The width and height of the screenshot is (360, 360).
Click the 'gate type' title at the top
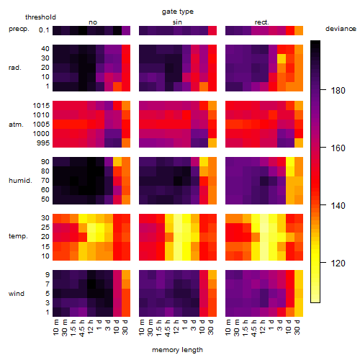pyautogui.click(x=178, y=12)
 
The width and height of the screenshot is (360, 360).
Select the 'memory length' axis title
pyautogui.click(x=177, y=350)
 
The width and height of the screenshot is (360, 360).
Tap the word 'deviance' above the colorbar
pyautogui.click(x=341, y=29)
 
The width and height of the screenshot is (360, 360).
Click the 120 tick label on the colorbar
pyautogui.click(x=338, y=264)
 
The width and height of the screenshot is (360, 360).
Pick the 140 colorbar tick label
pyautogui.click(x=338, y=206)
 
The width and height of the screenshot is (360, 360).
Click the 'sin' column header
pyautogui.click(x=177, y=22)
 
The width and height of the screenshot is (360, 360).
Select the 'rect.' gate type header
pyautogui.click(x=261, y=22)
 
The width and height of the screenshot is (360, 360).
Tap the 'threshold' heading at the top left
pyautogui.click(x=40, y=17)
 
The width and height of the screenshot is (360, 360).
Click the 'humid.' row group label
pyautogui.click(x=20, y=181)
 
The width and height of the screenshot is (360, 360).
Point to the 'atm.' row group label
pyautogui.click(x=16, y=125)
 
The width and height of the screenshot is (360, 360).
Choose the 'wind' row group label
pyautogui.click(x=17, y=294)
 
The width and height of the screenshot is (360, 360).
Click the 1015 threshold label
pyautogui.click(x=41, y=106)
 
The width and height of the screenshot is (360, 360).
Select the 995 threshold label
pyautogui.click(x=43, y=143)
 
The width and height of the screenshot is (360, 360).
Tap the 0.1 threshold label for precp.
pyautogui.click(x=44, y=30)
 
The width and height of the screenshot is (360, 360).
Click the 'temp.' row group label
pyautogui.click(x=18, y=236)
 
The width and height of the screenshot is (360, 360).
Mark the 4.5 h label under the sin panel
pyautogui.click(x=168, y=328)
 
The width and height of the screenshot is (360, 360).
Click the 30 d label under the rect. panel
pyautogui.click(x=298, y=327)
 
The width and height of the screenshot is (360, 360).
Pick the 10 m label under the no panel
pyautogui.click(x=56, y=328)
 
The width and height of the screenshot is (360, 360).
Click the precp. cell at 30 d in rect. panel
pyautogui.click(x=299, y=30)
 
